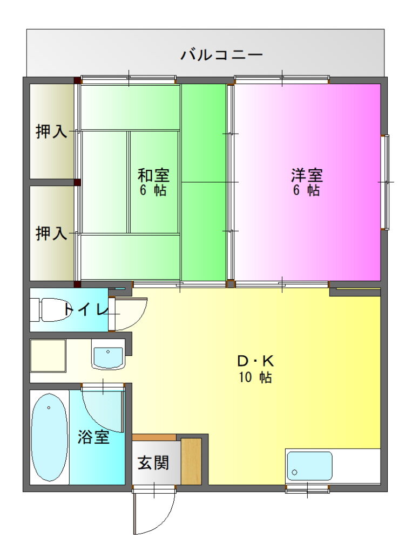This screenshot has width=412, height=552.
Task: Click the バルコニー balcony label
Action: (222, 55)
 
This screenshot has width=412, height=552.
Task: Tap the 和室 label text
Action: (153, 175)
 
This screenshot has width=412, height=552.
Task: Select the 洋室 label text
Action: (307, 175)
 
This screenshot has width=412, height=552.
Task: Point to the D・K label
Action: (255, 361)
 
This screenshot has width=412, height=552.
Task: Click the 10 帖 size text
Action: (255, 377)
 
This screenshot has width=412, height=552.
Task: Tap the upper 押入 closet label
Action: (51, 132)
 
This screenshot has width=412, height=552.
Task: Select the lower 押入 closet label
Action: (51, 233)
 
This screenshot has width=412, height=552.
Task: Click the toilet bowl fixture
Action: (51, 310)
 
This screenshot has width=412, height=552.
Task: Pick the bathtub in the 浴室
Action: (49, 437)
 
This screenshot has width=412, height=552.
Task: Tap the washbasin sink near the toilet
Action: (108, 354)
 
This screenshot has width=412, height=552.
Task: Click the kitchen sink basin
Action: (309, 466)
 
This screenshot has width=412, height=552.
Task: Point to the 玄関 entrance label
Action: (153, 463)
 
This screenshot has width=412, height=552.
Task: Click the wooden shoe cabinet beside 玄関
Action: (191, 461)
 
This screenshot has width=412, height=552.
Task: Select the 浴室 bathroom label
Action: (93, 437)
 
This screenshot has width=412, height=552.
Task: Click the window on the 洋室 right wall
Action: (387, 182)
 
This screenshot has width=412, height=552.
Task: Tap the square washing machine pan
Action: (48, 356)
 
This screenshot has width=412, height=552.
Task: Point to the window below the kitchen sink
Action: (307, 489)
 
